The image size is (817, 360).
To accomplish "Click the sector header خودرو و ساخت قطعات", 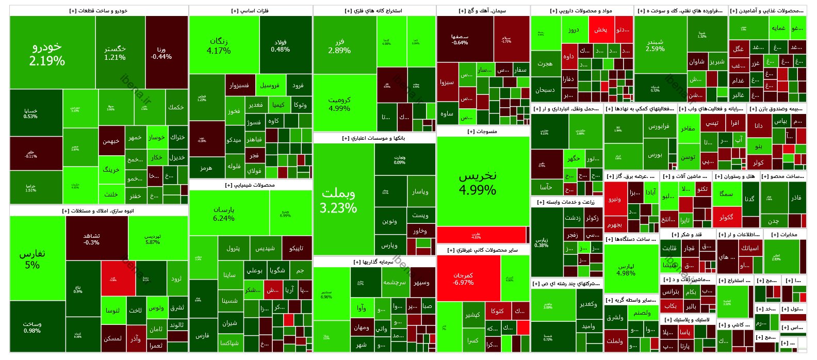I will pyautogui.click(x=99, y=11).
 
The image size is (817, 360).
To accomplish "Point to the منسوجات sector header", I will pyautogui.click(x=483, y=132).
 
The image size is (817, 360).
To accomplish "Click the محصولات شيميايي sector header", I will pyautogui.click(x=250, y=185).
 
